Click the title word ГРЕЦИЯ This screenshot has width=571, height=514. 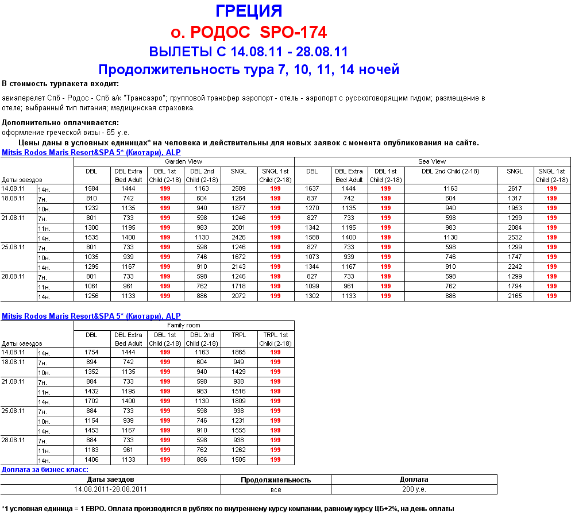click(x=249, y=11)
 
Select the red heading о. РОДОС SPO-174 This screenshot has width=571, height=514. click(x=249, y=32)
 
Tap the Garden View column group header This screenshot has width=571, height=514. click(x=183, y=161)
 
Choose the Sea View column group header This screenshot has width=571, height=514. click(x=432, y=161)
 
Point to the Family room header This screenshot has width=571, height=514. click(x=183, y=325)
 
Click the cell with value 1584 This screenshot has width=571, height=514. click(x=91, y=188)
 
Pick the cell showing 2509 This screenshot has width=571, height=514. click(x=238, y=188)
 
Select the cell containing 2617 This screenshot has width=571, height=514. click(x=515, y=188)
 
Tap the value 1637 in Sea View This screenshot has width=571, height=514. click(x=312, y=188)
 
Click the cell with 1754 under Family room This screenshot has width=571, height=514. click(x=91, y=352)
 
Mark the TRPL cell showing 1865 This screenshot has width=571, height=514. click(x=238, y=352)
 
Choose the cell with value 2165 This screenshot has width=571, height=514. click(x=515, y=296)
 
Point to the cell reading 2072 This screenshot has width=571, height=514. click(x=238, y=296)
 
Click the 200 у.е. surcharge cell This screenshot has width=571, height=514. click(x=414, y=489)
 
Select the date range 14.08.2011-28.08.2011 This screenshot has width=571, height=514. click(x=111, y=489)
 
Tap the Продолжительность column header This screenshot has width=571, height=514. click(x=276, y=480)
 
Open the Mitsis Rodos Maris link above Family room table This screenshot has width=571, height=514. click(x=91, y=316)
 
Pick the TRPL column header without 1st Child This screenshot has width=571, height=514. click(x=238, y=335)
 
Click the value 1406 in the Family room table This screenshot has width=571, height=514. click(x=91, y=459)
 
